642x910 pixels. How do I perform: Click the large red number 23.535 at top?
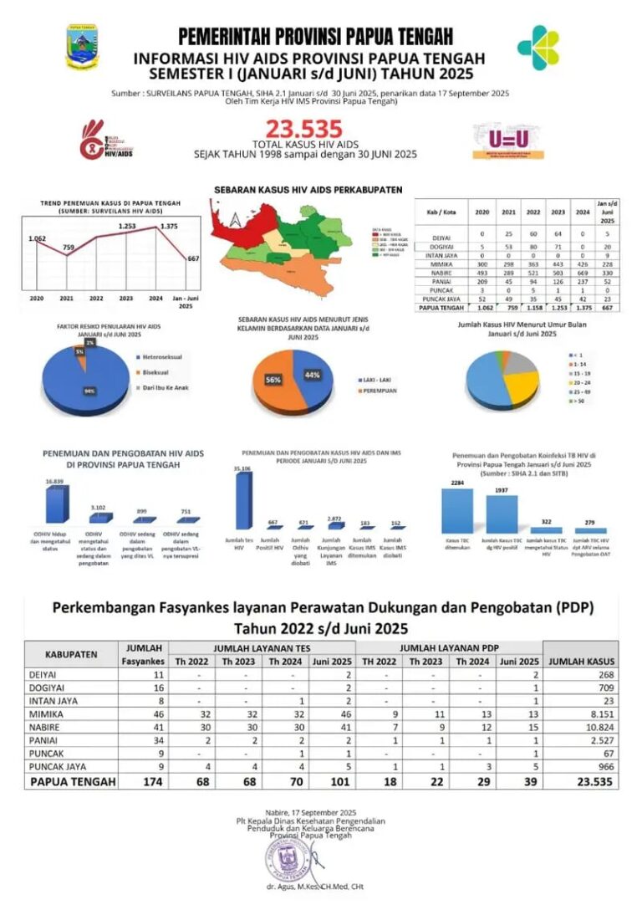[x=304, y=129]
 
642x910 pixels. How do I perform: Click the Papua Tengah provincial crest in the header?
[x=81, y=46]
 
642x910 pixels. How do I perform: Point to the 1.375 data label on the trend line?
[x=168, y=227]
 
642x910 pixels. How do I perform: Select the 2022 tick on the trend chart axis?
[x=97, y=298]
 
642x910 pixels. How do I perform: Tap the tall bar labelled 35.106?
[x=243, y=502]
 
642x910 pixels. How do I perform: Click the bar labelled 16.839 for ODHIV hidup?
[x=55, y=504]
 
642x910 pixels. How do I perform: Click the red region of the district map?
[x=237, y=219]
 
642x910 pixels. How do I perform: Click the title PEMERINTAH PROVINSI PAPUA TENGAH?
[x=315, y=36]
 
